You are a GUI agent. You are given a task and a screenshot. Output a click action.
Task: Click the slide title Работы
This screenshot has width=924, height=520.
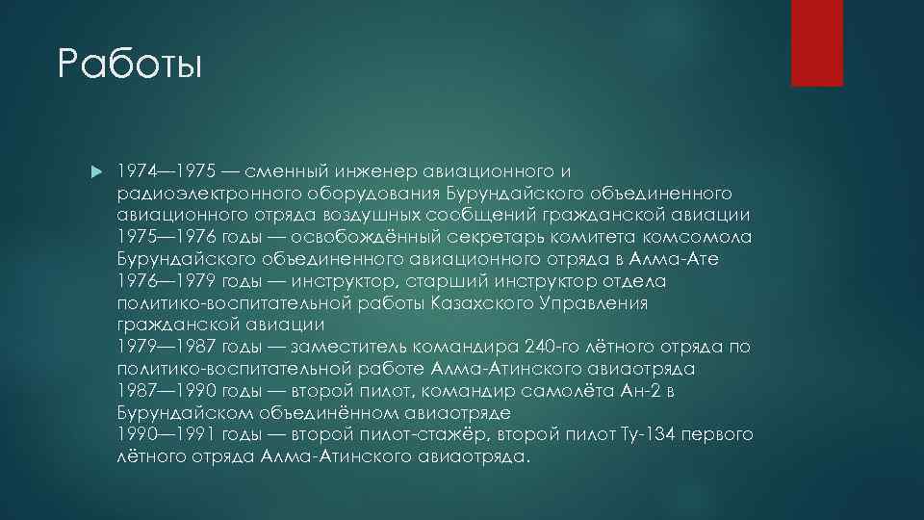tap(130, 65)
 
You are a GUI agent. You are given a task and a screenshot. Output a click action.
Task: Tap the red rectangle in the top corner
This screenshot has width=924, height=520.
tap(816, 42)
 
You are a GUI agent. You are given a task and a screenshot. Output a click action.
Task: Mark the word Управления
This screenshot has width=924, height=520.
tap(595, 303)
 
